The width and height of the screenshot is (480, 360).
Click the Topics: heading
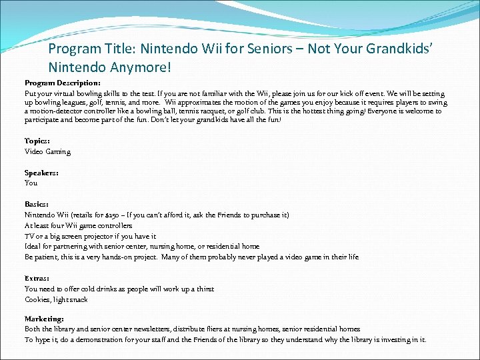(x=37, y=141)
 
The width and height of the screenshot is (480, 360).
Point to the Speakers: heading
(x=41, y=172)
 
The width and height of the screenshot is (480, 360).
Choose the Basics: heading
(x=37, y=204)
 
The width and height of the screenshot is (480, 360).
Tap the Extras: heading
(x=37, y=278)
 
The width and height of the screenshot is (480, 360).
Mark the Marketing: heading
(x=44, y=319)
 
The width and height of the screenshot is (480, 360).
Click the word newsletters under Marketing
(x=145, y=329)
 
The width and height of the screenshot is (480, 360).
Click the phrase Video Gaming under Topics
(x=47, y=151)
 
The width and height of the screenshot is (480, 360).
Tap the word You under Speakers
(x=31, y=183)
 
